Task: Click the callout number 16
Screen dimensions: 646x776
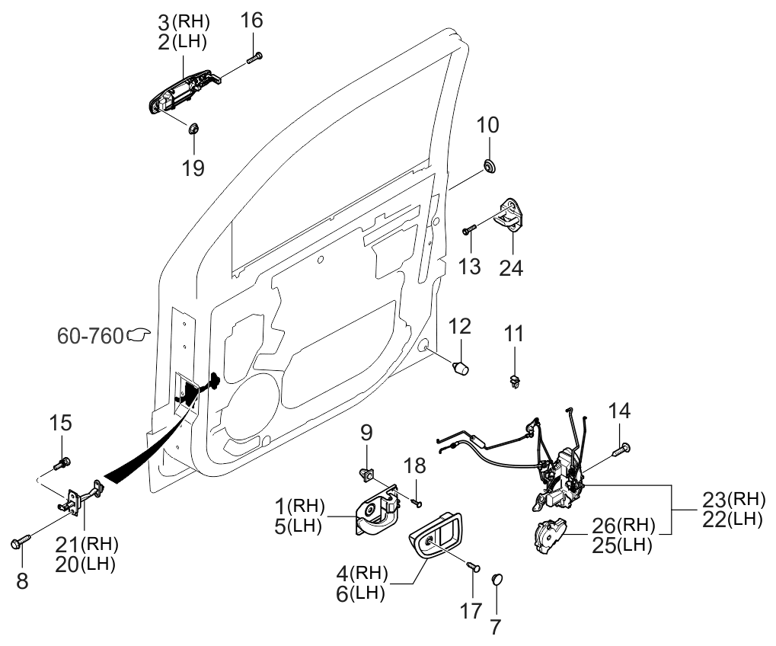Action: click(252, 20)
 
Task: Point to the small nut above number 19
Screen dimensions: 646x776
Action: click(193, 127)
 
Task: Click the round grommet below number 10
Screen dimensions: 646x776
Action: click(487, 165)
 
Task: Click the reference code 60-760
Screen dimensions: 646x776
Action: click(91, 335)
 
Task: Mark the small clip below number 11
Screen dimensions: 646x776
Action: click(515, 382)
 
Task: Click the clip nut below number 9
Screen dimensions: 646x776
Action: click(366, 475)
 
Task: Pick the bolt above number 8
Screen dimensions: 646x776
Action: click(19, 542)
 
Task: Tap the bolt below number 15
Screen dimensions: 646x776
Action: click(62, 462)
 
